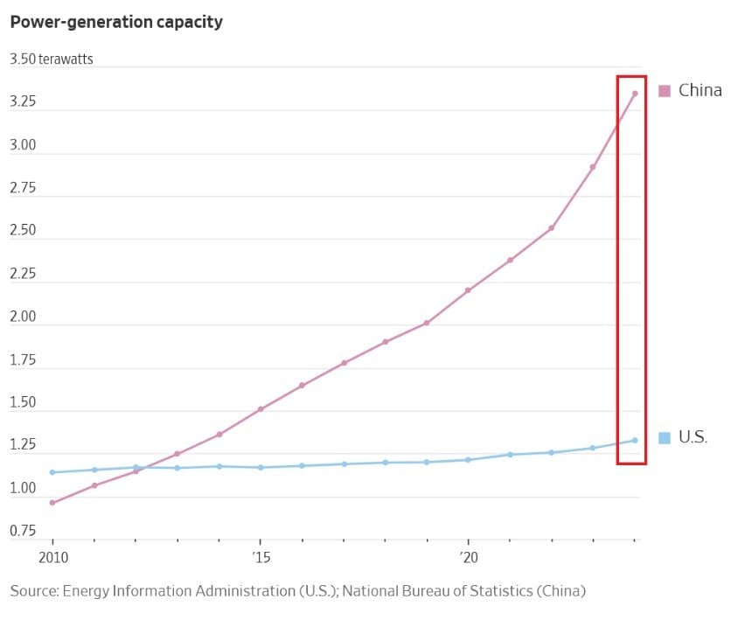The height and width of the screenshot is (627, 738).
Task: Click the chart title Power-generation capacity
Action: tap(116, 22)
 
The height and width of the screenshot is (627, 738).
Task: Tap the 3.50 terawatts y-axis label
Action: tap(51, 59)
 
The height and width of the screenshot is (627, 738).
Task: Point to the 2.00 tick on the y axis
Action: tap(23, 317)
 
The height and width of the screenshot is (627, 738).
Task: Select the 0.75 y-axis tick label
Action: tap(23, 531)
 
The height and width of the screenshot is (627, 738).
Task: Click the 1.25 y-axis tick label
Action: tap(23, 445)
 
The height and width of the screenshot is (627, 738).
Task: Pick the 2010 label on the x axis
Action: tap(52, 556)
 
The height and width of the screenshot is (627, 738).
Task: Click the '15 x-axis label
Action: tap(260, 556)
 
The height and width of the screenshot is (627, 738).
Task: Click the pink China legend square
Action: tap(665, 90)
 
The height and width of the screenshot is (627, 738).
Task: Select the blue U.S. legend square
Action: tap(665, 437)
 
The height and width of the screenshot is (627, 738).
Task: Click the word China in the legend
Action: tap(700, 90)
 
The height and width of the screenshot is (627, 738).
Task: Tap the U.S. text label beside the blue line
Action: tap(693, 437)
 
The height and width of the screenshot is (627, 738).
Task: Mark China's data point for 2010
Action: tap(52, 503)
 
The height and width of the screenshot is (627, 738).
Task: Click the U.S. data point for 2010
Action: tap(52, 472)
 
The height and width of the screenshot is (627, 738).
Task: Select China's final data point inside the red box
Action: tap(635, 94)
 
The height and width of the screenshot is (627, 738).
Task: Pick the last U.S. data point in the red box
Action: tap(635, 440)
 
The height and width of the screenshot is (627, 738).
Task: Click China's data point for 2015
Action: tap(261, 409)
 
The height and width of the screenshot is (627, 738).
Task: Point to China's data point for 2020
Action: tap(468, 290)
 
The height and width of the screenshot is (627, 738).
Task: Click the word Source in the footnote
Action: tap(33, 591)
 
